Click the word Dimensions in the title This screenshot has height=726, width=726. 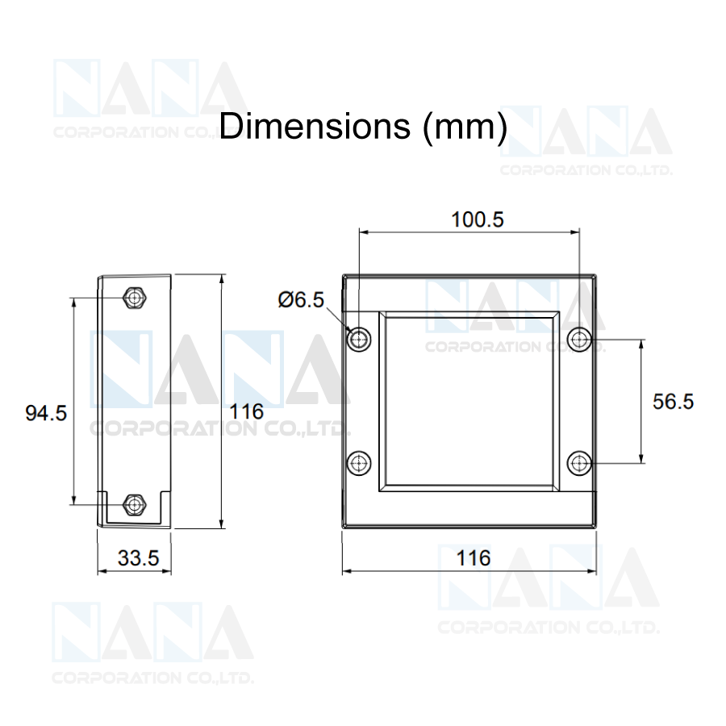(x=315, y=126)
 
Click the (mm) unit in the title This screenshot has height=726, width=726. (x=465, y=127)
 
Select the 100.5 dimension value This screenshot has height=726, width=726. (x=478, y=219)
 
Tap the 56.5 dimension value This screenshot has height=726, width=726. (x=674, y=402)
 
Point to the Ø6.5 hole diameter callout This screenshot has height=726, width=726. (x=301, y=300)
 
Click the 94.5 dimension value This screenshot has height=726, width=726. (x=46, y=413)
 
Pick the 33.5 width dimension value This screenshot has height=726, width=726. (x=139, y=558)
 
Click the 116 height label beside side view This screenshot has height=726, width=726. (x=246, y=411)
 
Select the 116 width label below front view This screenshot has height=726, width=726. (x=474, y=558)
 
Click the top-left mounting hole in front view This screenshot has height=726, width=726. (x=359, y=340)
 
